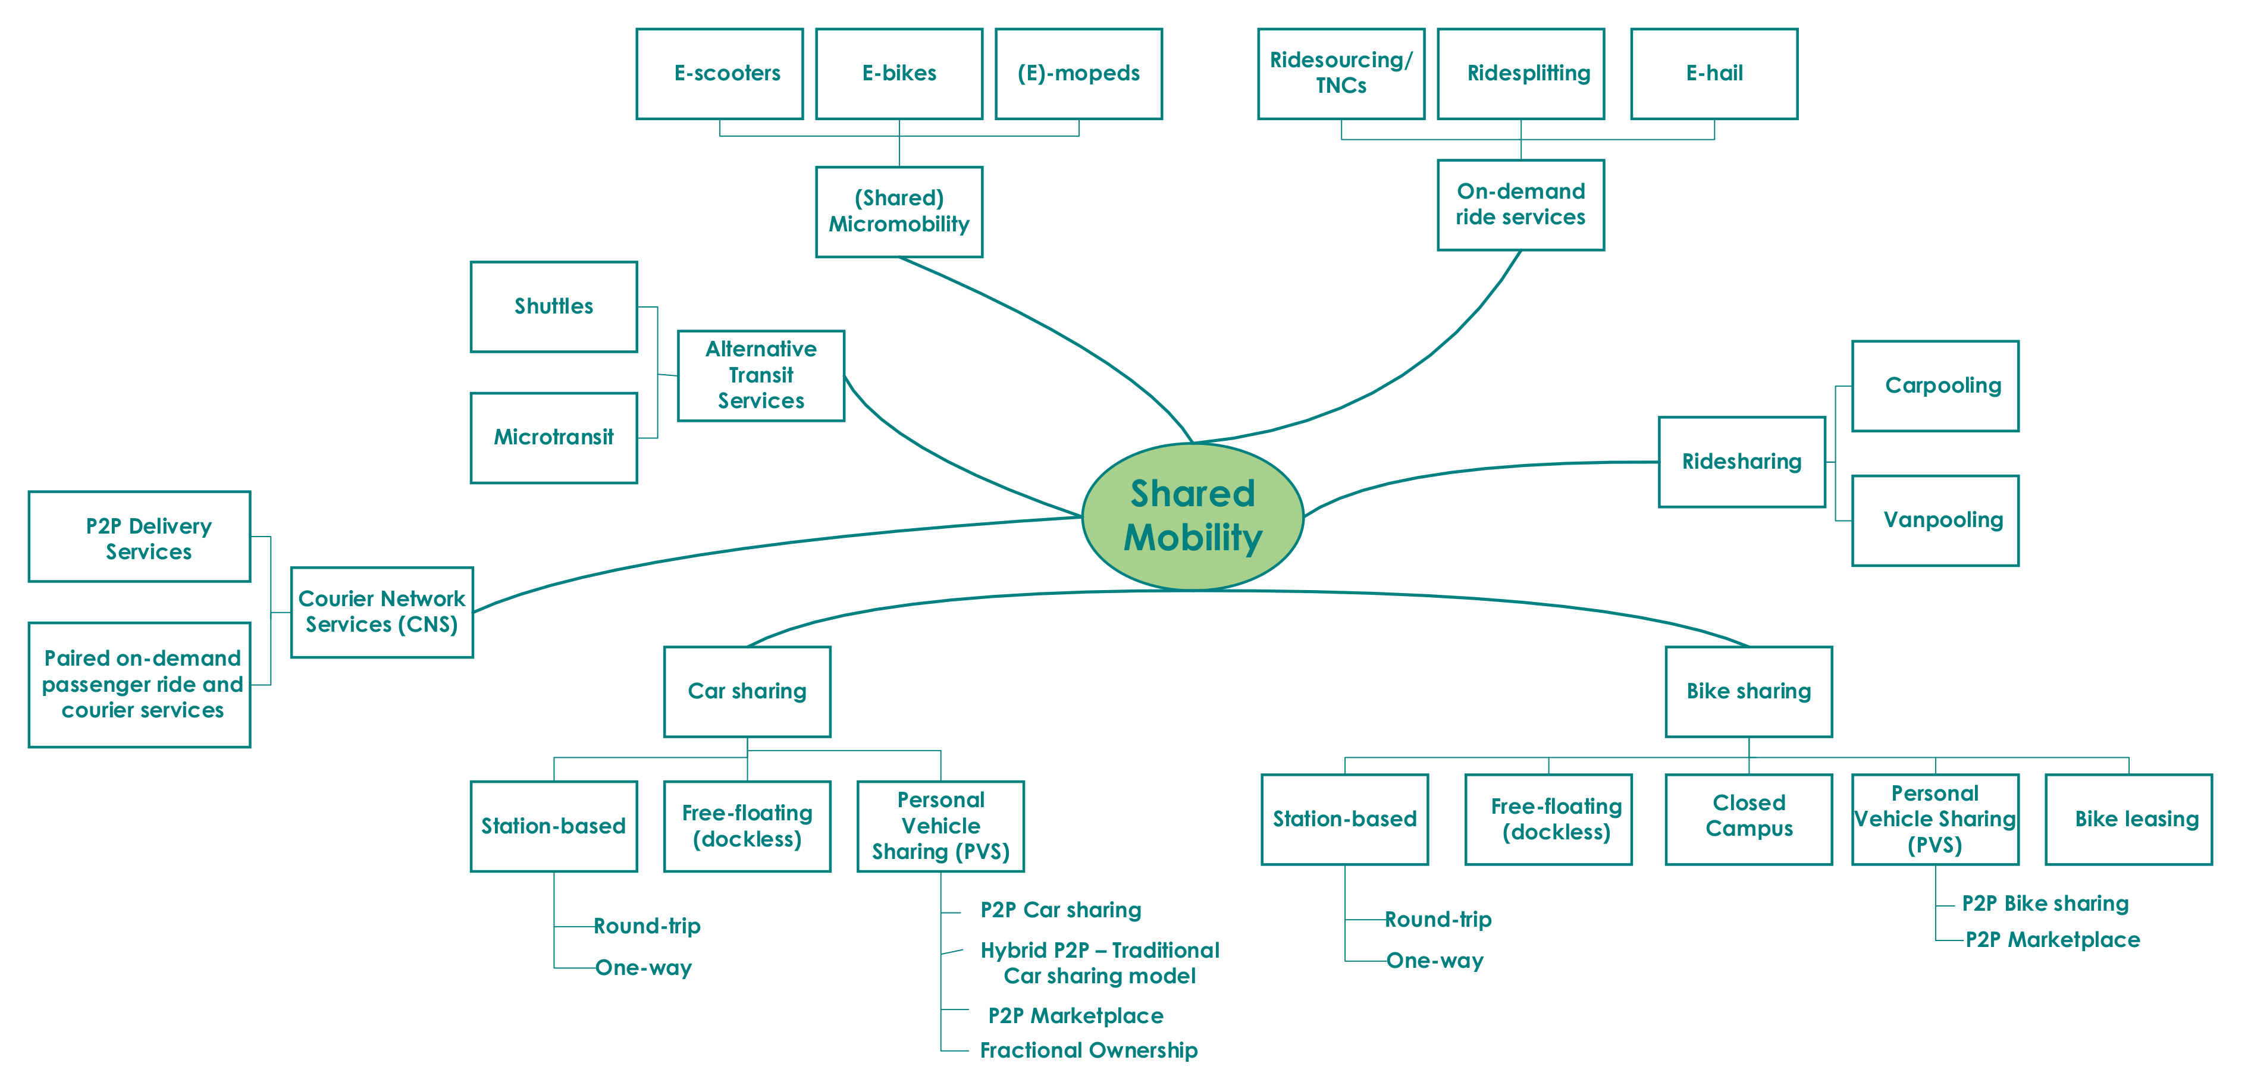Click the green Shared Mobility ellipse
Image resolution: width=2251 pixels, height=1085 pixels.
pos(1193,515)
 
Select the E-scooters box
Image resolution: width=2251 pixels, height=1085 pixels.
pos(719,73)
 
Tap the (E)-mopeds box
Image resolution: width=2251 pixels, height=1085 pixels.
pos(1079,73)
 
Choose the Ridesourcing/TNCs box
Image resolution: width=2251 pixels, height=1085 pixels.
pos(1340,73)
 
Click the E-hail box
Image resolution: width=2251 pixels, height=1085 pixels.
pos(1714,73)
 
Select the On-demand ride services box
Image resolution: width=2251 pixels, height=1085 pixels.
pos(1520,205)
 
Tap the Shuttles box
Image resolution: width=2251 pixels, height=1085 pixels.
pos(553,306)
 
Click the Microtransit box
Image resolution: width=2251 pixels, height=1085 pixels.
pos(553,437)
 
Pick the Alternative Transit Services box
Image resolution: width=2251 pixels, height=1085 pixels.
pos(760,375)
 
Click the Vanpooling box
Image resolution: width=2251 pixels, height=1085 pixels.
pos(1935,520)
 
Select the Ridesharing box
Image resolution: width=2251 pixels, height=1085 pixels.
pos(1742,461)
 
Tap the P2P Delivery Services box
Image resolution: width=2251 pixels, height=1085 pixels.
pos(140,537)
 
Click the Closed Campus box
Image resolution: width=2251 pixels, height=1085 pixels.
pos(1748,819)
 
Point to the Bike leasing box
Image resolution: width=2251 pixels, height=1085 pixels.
pos(2128,819)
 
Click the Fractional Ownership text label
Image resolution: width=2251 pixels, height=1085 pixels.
pos(1088,1050)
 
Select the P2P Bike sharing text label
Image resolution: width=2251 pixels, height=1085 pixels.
pos(2045,904)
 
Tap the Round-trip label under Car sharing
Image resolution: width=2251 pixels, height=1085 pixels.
pos(647,926)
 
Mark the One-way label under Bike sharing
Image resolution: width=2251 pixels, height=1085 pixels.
pos(1435,961)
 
